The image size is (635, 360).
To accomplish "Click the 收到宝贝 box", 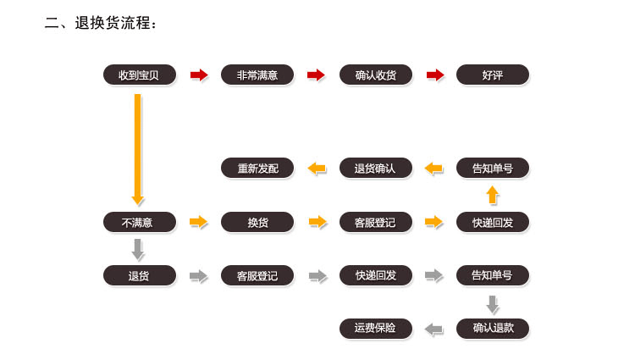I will [x=139, y=75].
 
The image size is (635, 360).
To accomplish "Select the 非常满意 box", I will [x=257, y=75].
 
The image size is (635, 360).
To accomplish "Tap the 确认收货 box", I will [x=375, y=75].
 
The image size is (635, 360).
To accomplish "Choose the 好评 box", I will [x=492, y=75].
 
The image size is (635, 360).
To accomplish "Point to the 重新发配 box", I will [x=257, y=168].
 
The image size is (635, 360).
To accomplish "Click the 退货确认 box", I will [x=375, y=168].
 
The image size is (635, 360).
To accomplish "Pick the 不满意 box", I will [x=139, y=222].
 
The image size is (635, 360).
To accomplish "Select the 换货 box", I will [x=257, y=222].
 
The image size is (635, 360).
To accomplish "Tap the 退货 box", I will [x=139, y=275].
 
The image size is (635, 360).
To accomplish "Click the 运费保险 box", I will [x=375, y=327].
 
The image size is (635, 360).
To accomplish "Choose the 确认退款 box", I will [x=492, y=327].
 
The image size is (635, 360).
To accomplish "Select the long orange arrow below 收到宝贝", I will [x=138, y=148].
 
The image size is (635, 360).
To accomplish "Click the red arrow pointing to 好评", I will [x=434, y=75].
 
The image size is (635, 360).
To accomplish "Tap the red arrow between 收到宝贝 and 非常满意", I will [x=199, y=75].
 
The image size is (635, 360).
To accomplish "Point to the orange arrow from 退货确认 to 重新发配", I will [x=317, y=168].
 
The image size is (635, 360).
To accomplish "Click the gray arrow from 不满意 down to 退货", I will [x=138, y=249].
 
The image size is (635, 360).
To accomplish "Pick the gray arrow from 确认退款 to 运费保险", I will [x=433, y=328].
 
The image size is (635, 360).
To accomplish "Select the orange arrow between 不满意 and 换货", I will [x=199, y=222].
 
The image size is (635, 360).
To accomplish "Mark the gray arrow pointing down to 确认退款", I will [x=492, y=303].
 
